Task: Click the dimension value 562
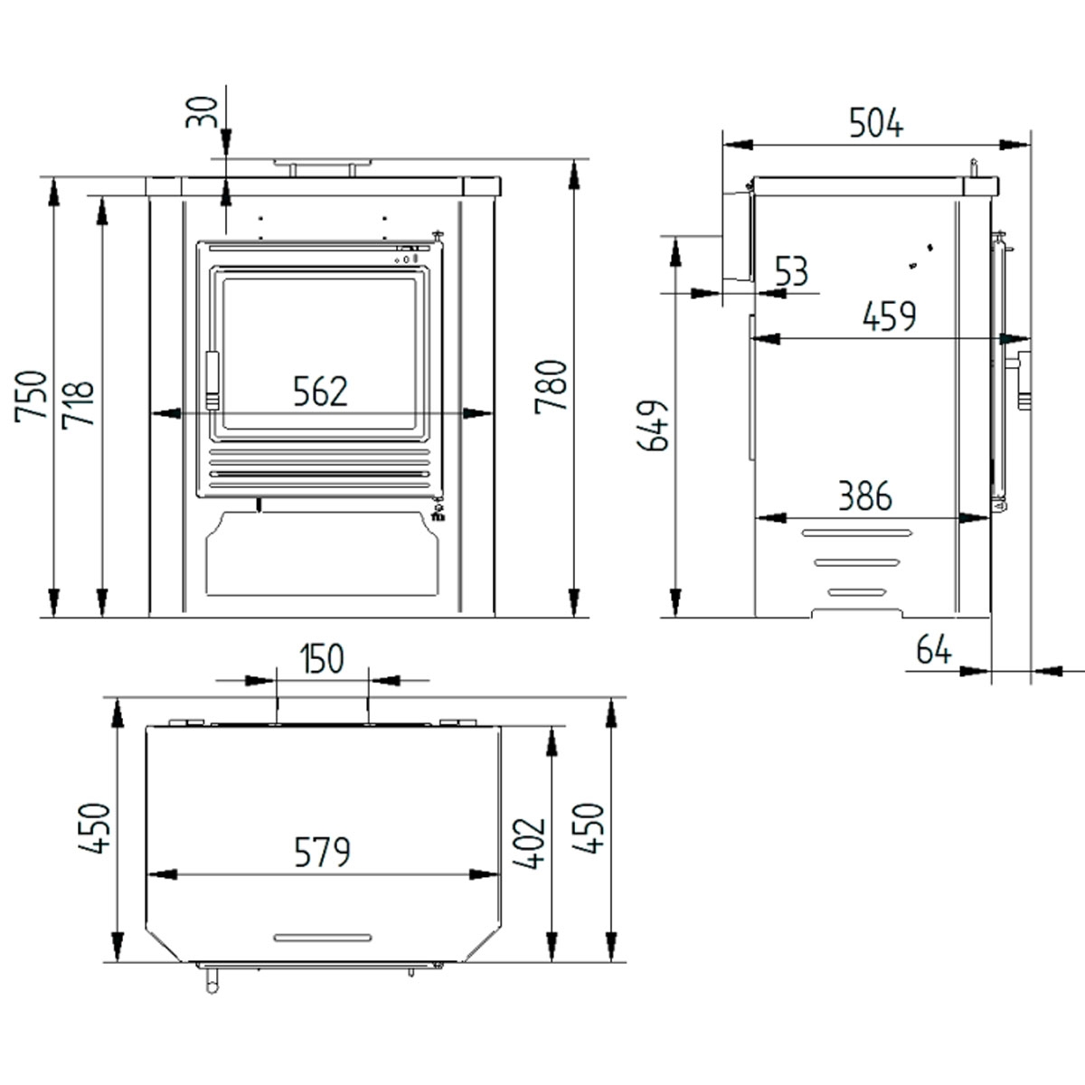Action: click(x=320, y=392)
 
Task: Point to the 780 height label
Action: click(x=551, y=386)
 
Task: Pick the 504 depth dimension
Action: click(x=875, y=122)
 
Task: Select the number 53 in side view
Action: click(x=791, y=271)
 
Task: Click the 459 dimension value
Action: click(x=889, y=316)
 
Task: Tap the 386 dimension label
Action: click(x=863, y=495)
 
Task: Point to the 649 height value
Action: click(x=654, y=425)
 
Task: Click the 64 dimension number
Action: click(x=933, y=649)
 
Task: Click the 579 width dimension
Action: click(x=322, y=852)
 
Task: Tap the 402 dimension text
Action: click(x=528, y=843)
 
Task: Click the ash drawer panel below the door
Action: click(x=323, y=553)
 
